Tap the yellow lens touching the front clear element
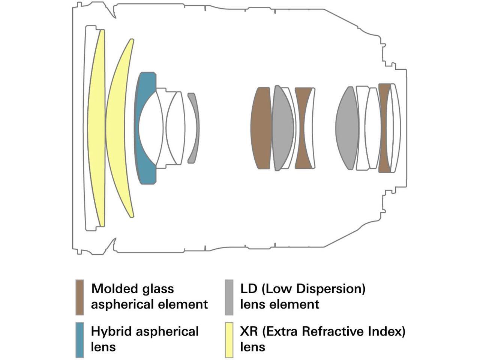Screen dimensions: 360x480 (96, 127)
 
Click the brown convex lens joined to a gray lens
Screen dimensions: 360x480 (262, 127)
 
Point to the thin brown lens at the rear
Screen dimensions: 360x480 (383, 127)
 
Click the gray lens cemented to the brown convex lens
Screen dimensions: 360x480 (283, 127)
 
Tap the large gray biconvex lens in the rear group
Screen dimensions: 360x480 (347, 127)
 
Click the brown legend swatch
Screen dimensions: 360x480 (79, 297)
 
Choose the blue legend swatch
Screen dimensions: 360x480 (79, 340)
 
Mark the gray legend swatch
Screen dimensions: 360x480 (229, 297)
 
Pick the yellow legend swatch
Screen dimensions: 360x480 (229, 340)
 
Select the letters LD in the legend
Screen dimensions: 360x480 (248, 289)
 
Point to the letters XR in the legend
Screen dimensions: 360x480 (248, 332)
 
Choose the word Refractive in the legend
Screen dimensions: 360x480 (331, 332)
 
